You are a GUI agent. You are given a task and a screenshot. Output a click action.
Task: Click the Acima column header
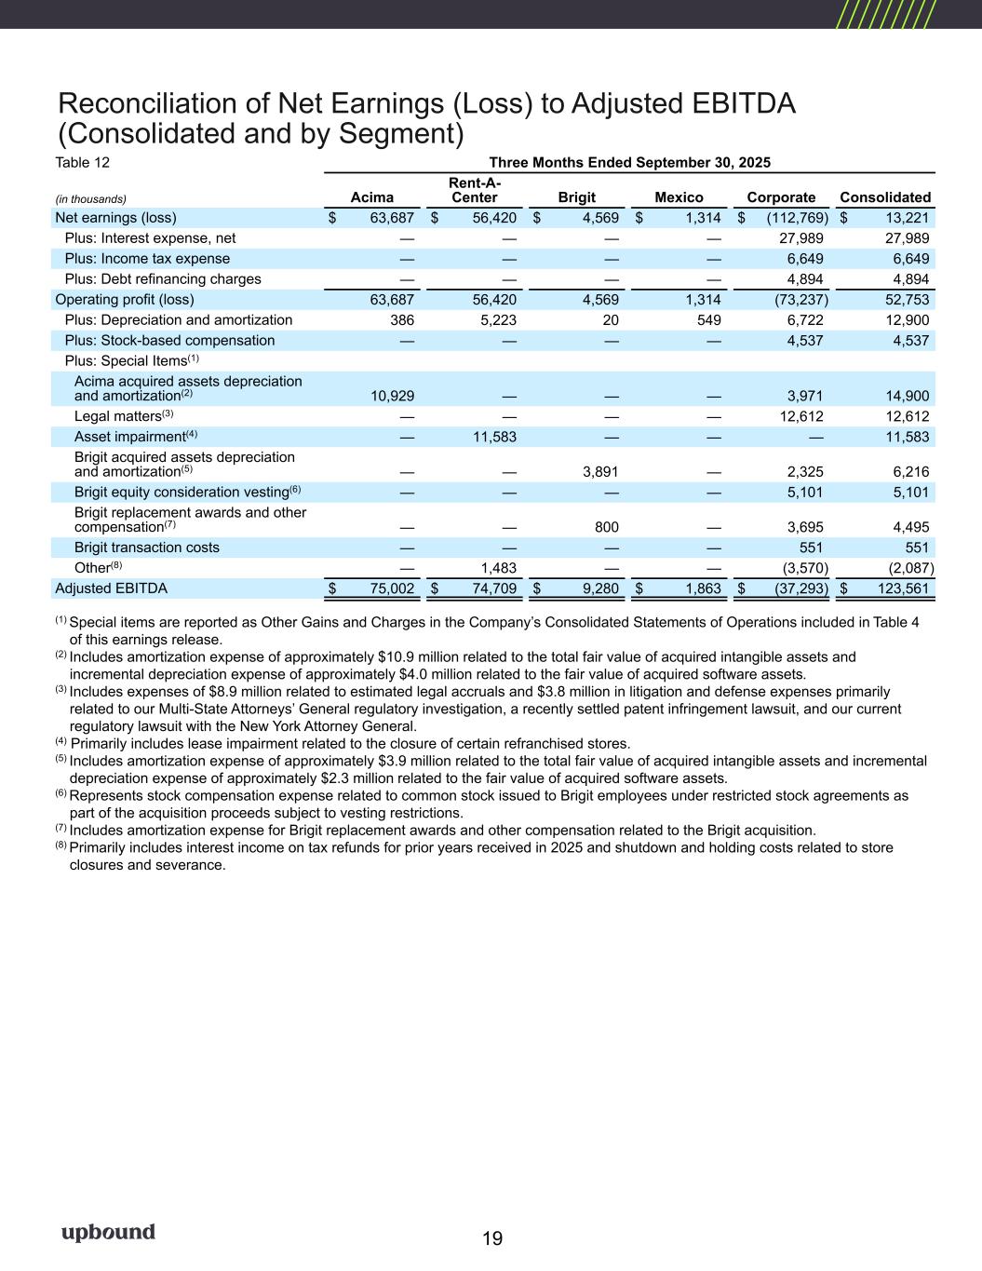click(371, 197)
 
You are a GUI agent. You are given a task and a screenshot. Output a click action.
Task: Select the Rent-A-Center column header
click(474, 190)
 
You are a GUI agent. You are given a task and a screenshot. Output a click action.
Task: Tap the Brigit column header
click(576, 197)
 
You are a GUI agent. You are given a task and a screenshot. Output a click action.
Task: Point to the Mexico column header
click(679, 197)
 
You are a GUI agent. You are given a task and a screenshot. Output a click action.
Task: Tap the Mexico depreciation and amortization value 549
click(708, 320)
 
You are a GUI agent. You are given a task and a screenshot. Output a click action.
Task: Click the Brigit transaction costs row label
click(147, 548)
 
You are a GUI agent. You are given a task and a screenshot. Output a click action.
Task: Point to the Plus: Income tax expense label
click(147, 259)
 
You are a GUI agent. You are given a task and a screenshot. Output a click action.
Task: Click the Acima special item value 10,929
click(391, 396)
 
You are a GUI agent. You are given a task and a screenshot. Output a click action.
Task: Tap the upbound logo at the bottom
click(108, 1233)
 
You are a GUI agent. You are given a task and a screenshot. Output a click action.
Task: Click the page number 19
click(492, 1238)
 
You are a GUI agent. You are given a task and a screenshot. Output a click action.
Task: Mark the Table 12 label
click(83, 162)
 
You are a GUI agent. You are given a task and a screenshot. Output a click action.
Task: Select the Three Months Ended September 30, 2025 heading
click(629, 162)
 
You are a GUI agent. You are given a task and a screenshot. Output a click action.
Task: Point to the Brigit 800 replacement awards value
click(607, 527)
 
